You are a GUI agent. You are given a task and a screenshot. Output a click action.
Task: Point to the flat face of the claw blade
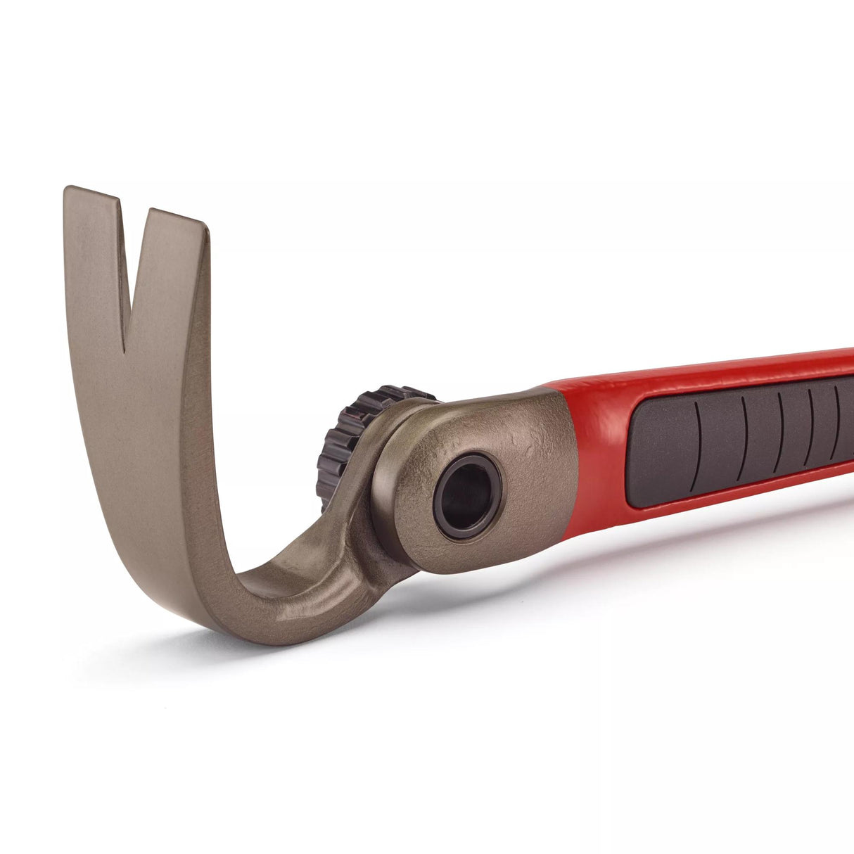coord(141,422)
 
